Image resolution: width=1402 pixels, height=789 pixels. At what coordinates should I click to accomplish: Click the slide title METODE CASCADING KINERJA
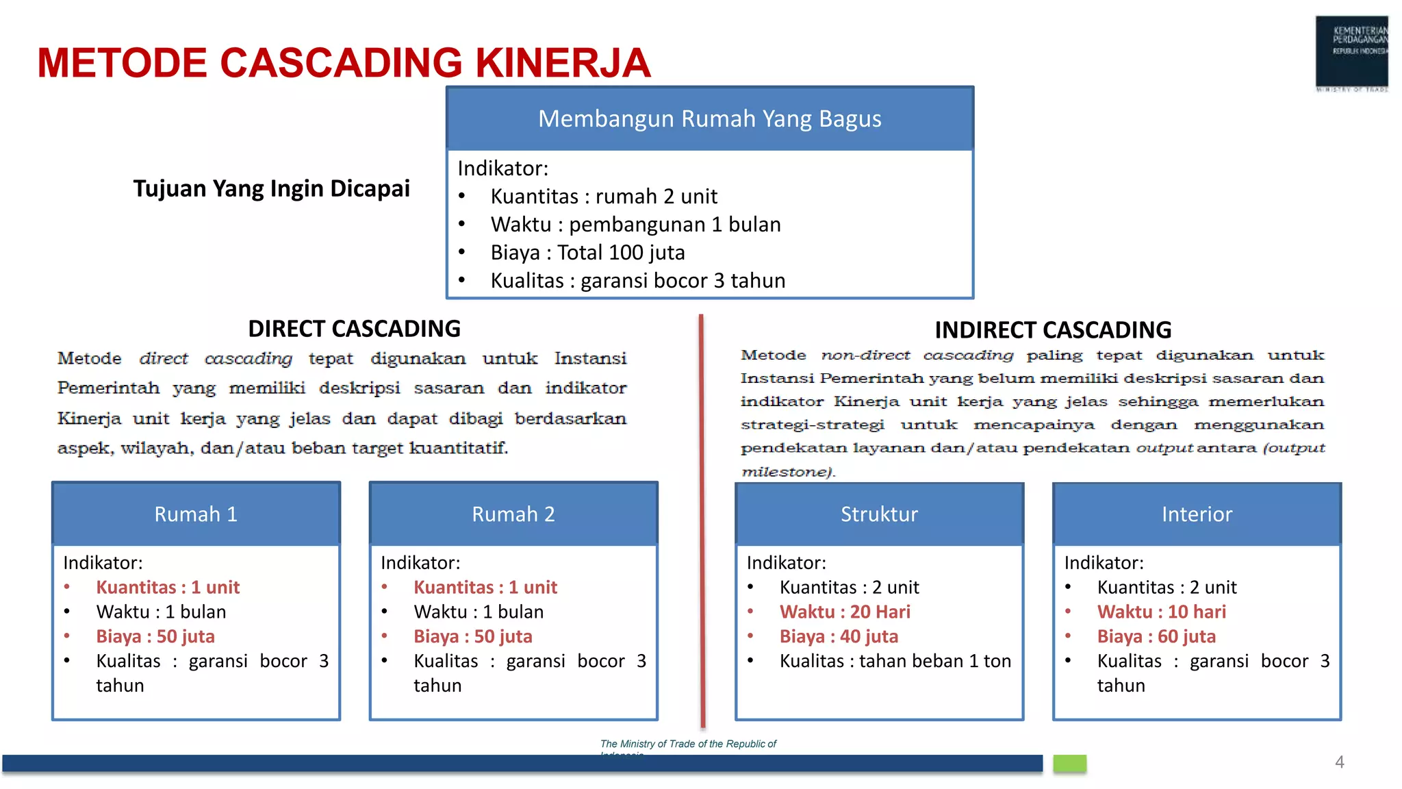[x=344, y=62]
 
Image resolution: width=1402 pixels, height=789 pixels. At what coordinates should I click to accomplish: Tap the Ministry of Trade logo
[x=1351, y=53]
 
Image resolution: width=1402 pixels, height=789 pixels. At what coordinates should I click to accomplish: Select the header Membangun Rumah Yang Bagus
[x=709, y=118]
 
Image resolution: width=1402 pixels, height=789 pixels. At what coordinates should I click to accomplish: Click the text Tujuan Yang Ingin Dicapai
[x=271, y=188]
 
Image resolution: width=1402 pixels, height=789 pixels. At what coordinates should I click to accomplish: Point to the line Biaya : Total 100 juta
[x=587, y=253]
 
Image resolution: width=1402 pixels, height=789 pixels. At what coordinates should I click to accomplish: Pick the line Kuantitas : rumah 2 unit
[x=604, y=197]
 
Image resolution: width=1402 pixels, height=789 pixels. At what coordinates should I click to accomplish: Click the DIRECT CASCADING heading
[x=354, y=329]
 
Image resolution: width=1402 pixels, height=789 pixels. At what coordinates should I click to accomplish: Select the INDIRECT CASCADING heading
[x=1053, y=330]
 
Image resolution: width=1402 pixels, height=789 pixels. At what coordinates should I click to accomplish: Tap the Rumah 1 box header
[x=196, y=514]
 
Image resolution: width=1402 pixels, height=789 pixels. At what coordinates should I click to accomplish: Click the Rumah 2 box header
[x=513, y=514]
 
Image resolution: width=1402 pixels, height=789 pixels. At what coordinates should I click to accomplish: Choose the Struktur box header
[x=879, y=514]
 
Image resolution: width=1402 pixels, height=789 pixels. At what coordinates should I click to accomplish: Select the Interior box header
[x=1197, y=514]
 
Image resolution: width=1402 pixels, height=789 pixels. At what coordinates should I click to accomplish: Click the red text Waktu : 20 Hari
[x=845, y=612]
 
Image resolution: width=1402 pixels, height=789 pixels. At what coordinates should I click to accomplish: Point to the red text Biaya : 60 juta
[x=1156, y=636]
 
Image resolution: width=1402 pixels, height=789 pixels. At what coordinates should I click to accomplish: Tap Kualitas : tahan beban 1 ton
[x=895, y=661]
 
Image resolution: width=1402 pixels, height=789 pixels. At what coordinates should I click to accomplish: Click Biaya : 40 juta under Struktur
[x=839, y=636]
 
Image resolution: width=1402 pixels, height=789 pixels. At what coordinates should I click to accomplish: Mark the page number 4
[x=1339, y=762]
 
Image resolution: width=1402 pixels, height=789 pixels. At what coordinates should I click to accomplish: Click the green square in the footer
[x=1069, y=763]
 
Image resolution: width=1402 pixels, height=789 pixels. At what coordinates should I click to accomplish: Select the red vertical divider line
[x=702, y=521]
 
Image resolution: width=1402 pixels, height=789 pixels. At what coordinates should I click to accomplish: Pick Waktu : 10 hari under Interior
[x=1161, y=612]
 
